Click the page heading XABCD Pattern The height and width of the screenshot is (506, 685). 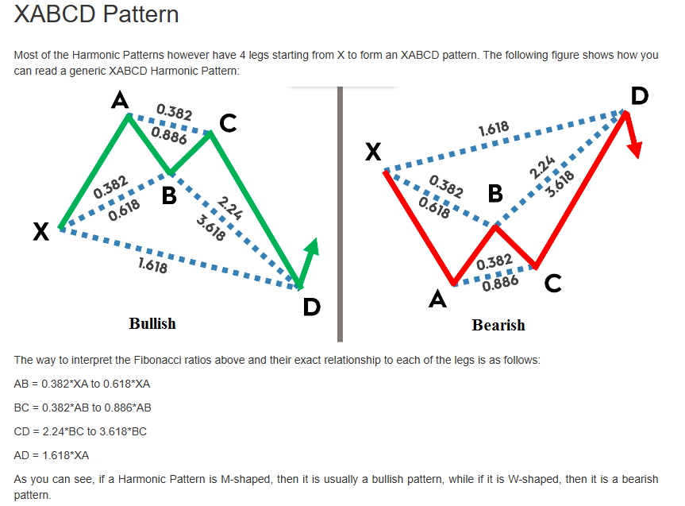click(x=96, y=14)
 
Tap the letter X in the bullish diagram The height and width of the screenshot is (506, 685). click(x=40, y=232)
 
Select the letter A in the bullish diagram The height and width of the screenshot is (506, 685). click(x=120, y=100)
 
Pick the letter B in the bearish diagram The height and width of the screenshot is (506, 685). click(x=495, y=193)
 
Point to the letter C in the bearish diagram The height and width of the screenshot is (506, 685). click(x=553, y=282)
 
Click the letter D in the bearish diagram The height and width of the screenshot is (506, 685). click(x=638, y=97)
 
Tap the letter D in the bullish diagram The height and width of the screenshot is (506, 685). click(x=311, y=307)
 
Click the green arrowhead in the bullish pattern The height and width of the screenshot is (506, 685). click(x=311, y=248)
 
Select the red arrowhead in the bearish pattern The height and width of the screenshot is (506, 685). click(x=636, y=149)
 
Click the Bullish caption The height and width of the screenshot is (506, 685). click(x=152, y=323)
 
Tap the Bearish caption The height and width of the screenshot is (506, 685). click(x=498, y=325)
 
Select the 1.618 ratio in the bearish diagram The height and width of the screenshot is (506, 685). click(x=494, y=129)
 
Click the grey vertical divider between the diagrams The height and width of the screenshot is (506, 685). click(x=340, y=214)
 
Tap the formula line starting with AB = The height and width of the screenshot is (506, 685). click(x=83, y=384)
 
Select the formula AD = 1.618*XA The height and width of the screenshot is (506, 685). click(x=52, y=455)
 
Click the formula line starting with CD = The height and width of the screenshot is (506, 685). click(x=80, y=431)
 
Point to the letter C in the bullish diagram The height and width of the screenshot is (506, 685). click(x=228, y=123)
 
